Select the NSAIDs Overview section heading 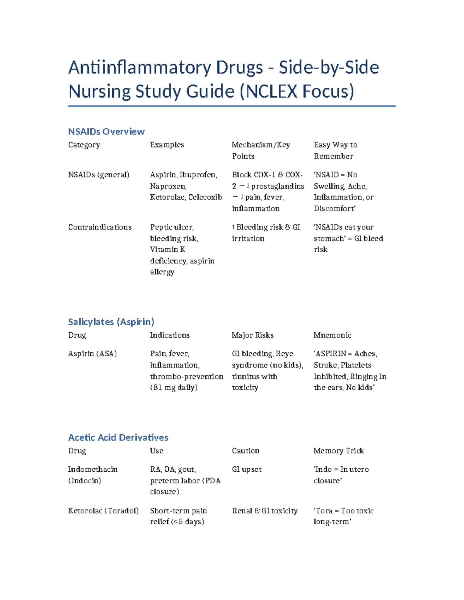(x=106, y=132)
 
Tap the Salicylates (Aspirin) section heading (x=111, y=322)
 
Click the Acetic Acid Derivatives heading (x=118, y=437)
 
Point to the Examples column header (x=167, y=145)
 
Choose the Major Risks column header (x=252, y=335)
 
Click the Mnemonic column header (x=332, y=335)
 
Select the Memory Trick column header (x=339, y=451)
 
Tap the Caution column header (x=246, y=451)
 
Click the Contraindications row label (x=100, y=227)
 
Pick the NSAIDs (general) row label (x=99, y=175)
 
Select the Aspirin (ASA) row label (x=92, y=354)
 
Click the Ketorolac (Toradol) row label (x=103, y=511)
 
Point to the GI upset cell (x=247, y=469)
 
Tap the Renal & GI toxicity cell (x=264, y=511)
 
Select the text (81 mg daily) (x=174, y=388)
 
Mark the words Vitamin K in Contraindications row (x=167, y=250)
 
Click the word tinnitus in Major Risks (x=243, y=376)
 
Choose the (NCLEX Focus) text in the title (x=297, y=92)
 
